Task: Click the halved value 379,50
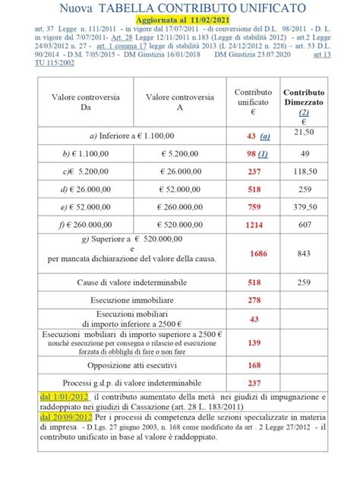[x=304, y=207]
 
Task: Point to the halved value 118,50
[x=304, y=172]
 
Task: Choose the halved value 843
[x=304, y=254]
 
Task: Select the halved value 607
[x=304, y=225]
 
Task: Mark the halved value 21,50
[x=304, y=133]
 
